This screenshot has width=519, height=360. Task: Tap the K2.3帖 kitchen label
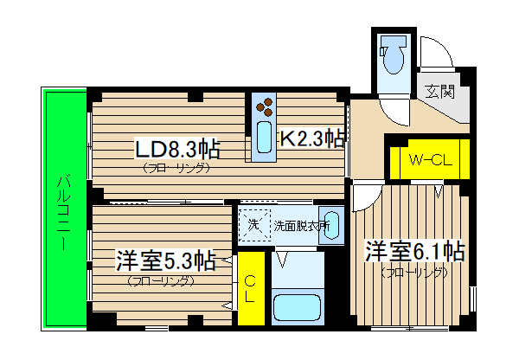coord(311,137)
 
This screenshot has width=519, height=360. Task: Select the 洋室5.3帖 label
coord(165,260)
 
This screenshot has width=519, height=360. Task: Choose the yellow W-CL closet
coord(428,159)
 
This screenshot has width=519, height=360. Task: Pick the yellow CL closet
coord(251,286)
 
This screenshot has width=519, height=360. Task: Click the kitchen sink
coord(265,140)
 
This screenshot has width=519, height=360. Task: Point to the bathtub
coord(297,307)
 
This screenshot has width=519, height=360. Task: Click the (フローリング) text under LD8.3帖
coord(176,169)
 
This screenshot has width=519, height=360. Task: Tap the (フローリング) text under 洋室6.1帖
coord(414,273)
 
